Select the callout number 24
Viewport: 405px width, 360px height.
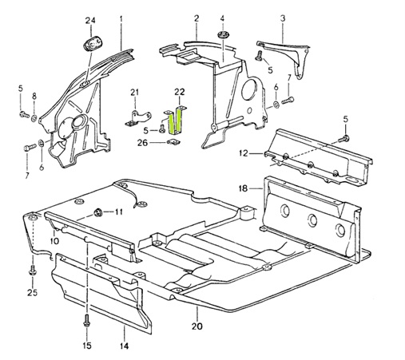[90, 19]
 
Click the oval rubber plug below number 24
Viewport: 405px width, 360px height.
[89, 43]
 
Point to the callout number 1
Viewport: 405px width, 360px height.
[121, 18]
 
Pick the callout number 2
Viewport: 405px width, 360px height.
[196, 18]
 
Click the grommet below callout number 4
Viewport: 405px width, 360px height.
[223, 37]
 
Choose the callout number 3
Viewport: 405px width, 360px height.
[282, 18]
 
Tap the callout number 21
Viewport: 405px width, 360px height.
[135, 92]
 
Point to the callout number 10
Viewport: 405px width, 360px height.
[55, 240]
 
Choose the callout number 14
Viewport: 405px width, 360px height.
[124, 346]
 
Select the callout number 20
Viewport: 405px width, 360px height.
[194, 326]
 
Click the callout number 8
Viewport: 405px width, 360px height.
[34, 97]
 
